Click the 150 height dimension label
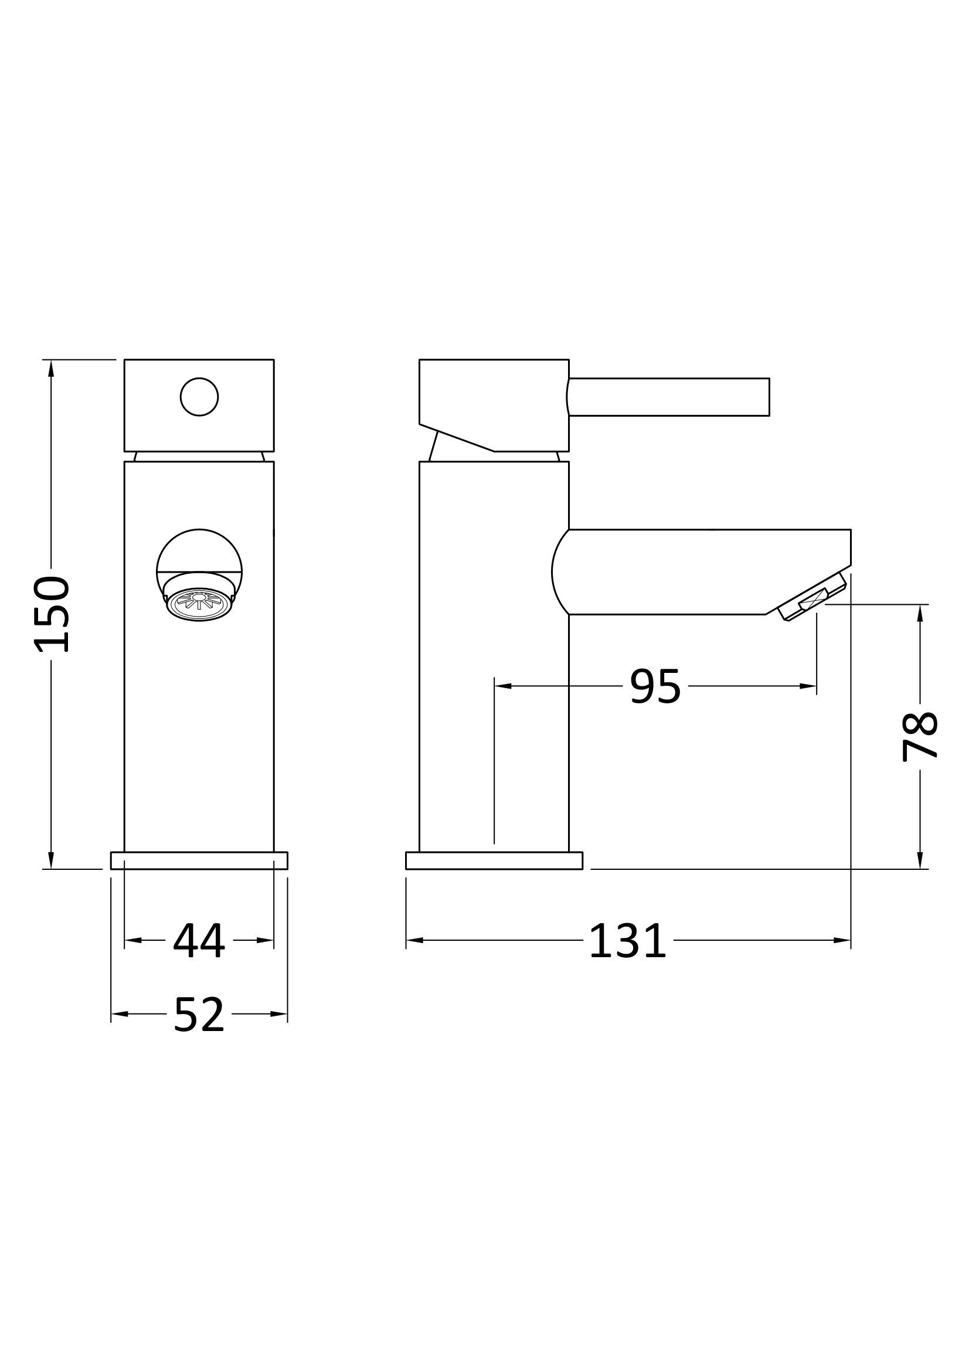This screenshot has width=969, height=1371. pyautogui.click(x=53, y=614)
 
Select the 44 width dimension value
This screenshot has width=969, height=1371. pyautogui.click(x=199, y=942)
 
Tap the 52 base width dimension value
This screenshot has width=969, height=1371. pyautogui.click(x=199, y=1015)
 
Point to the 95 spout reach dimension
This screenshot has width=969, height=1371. pyautogui.click(x=655, y=687)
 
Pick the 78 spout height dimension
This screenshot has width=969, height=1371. pyautogui.click(x=919, y=737)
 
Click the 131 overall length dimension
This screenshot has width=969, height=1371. pyautogui.click(x=627, y=942)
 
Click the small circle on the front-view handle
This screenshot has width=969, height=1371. pyautogui.click(x=199, y=397)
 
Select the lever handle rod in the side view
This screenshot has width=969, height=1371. pyautogui.click(x=668, y=397)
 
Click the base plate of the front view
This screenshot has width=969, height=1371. pyautogui.click(x=199, y=860)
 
